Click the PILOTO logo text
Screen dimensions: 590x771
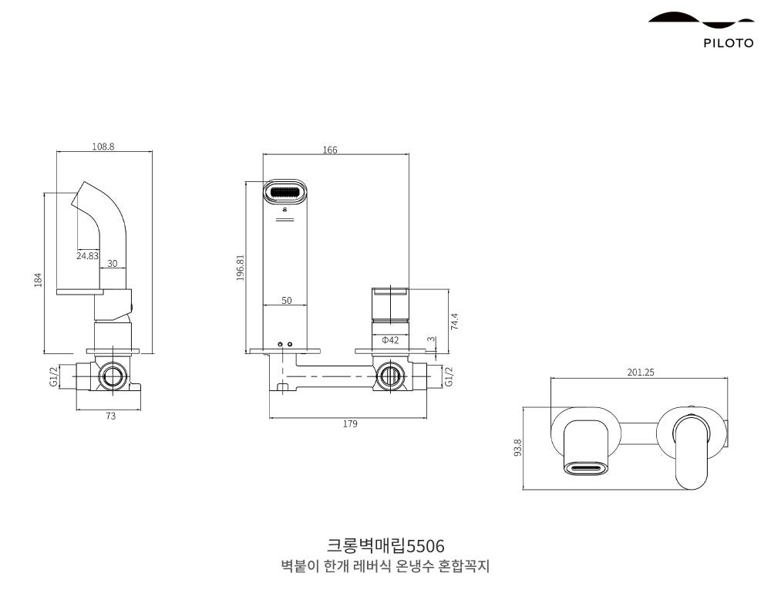click(x=728, y=43)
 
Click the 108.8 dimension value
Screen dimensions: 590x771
click(x=103, y=147)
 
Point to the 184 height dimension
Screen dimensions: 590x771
click(x=38, y=279)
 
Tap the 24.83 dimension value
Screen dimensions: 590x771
click(x=87, y=255)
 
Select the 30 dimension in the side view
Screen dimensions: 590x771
click(x=113, y=263)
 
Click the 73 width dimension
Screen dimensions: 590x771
click(x=110, y=416)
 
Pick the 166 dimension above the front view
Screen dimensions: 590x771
click(x=330, y=150)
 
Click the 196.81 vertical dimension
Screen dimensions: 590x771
click(x=240, y=268)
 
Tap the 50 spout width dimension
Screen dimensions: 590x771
click(x=286, y=301)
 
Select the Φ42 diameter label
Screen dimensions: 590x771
click(x=390, y=340)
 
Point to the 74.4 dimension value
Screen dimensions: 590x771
click(x=454, y=321)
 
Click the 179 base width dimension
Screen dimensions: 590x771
click(x=350, y=423)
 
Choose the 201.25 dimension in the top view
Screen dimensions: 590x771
click(x=640, y=372)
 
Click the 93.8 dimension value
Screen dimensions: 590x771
click(x=517, y=447)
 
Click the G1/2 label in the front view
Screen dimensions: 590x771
click(x=449, y=376)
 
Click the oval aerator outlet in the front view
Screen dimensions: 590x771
click(x=286, y=191)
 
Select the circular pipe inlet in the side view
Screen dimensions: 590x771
click(x=113, y=376)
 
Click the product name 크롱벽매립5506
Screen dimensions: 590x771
click(x=385, y=546)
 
